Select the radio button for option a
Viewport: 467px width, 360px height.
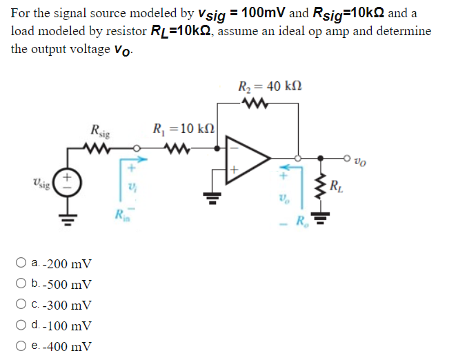click(22, 264)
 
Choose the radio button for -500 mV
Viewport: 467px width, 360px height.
click(22, 285)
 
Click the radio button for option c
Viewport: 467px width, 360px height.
click(22, 306)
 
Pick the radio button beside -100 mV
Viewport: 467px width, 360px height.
click(22, 326)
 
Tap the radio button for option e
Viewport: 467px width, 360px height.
click(22, 346)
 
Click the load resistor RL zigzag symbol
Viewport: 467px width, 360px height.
click(320, 185)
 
